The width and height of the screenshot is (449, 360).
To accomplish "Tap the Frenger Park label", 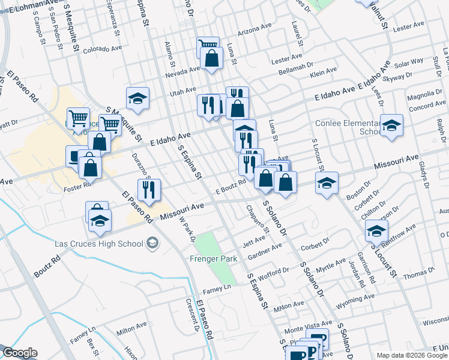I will coord(214,259).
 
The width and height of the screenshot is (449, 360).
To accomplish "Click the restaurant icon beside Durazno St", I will coord(148,190).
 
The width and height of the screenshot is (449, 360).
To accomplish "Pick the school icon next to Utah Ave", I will coord(137,99).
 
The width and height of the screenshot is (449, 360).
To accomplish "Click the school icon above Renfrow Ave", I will coord(376,230).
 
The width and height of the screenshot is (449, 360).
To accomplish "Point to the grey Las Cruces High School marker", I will coord(152,243).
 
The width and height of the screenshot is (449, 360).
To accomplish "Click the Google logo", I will coord(20,353).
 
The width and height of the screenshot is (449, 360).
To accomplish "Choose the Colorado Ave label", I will coord(103,49).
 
